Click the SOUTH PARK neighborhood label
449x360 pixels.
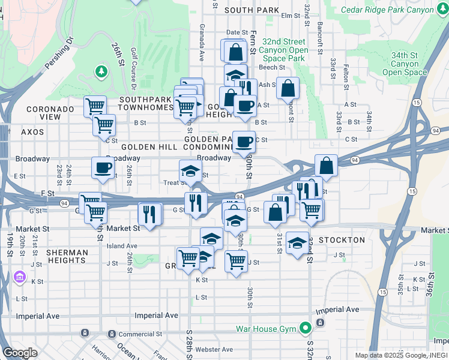[x=252, y=10]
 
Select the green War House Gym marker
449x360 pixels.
[x=306, y=328]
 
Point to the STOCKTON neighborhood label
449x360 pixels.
[x=342, y=240]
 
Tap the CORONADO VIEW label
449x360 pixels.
[x=50, y=113]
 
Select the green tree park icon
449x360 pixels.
[x=101, y=73]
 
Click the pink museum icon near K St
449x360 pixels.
[x=19, y=278]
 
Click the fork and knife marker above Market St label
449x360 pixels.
[x=149, y=213]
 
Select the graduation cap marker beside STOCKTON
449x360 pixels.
[x=297, y=243]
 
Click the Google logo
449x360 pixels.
[x=20, y=353]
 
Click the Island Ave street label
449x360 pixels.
[x=122, y=246]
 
